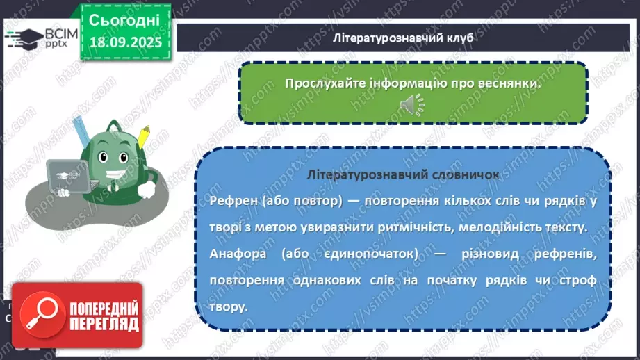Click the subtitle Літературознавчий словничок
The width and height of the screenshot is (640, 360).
click(x=402, y=175)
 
